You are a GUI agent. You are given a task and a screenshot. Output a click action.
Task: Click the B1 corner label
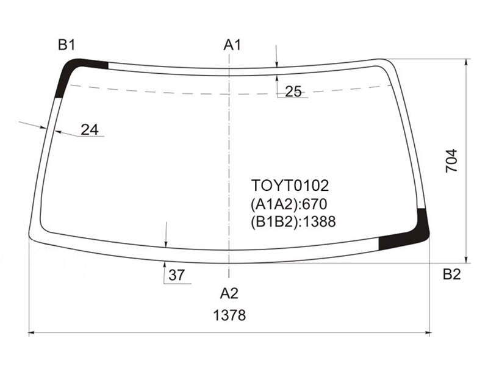click(x=66, y=45)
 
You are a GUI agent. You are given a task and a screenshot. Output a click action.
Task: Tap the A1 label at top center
click(x=232, y=45)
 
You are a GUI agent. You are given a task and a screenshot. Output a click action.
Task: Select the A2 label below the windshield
click(x=229, y=293)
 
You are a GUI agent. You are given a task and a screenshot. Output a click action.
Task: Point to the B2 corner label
click(x=451, y=274)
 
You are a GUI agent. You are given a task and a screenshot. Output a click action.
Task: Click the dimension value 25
click(x=293, y=91)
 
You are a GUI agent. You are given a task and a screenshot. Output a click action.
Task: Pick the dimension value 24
click(x=90, y=129)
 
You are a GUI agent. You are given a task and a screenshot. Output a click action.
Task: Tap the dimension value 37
click(x=176, y=275)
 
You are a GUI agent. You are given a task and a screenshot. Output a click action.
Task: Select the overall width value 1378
click(x=229, y=315)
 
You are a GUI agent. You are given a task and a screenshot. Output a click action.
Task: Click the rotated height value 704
click(x=451, y=160)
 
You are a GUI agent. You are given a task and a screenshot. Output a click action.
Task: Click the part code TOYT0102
click(x=290, y=186)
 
